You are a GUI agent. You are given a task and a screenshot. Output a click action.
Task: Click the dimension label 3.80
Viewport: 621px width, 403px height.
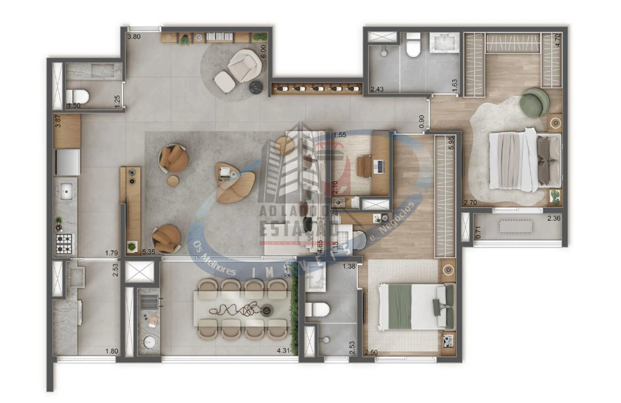pos(133,36)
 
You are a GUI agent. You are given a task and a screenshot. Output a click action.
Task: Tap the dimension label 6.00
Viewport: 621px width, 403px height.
pos(263,51)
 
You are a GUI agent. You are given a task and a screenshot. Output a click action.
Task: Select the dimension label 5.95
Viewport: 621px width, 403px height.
pos(450,143)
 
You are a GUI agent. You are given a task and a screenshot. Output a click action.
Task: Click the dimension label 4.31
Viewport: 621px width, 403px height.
pos(283,350)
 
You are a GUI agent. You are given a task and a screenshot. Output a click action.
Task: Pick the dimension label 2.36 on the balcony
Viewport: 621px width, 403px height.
pos(554,219)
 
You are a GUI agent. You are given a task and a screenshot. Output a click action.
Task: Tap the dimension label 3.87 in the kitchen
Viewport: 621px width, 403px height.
pos(58,121)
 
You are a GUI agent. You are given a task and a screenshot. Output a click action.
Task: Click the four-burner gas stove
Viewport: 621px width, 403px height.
pos(64,244)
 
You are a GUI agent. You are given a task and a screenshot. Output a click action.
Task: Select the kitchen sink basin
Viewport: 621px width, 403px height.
pos(67,191)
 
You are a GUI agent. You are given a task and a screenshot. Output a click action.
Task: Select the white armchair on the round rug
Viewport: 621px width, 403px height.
pos(243,65)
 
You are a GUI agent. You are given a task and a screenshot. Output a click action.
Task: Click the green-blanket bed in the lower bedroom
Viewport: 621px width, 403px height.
pos(415,307)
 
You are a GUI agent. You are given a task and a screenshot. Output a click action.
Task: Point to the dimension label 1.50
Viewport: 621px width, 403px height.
pos(73,105)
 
